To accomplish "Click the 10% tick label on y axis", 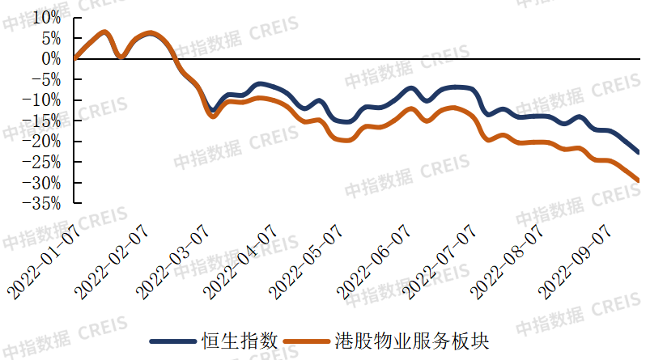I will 46,17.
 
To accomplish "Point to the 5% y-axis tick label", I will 50,38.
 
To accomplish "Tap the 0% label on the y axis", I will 50,58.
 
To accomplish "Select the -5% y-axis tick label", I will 47,79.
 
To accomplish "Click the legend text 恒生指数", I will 240,341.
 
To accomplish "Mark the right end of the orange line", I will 639,181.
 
